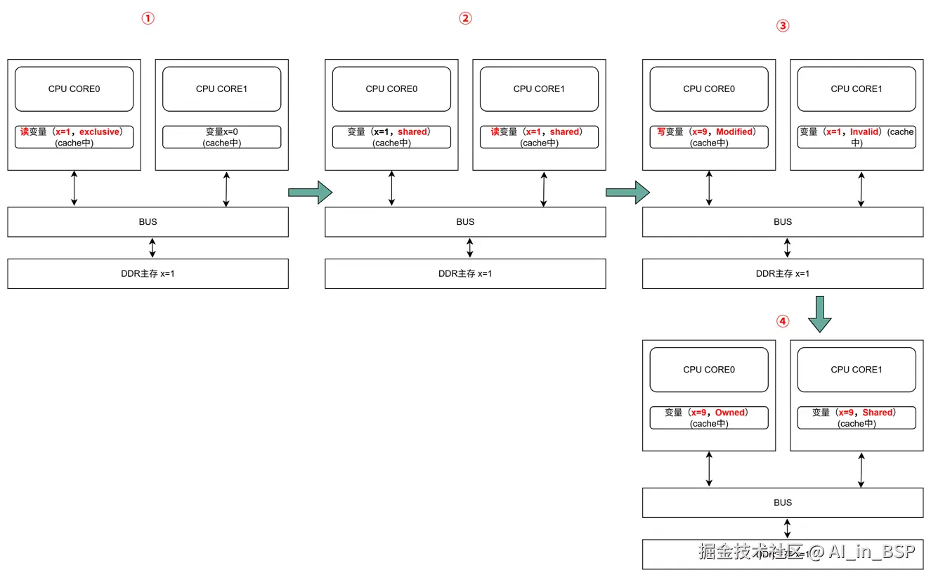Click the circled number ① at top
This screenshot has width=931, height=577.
[148, 19]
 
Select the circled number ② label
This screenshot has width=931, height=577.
[465, 19]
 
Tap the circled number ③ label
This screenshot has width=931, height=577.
[783, 26]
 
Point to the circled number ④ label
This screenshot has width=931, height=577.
[783, 321]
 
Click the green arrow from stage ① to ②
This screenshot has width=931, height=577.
[310, 192]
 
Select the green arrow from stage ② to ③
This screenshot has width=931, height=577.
[627, 192]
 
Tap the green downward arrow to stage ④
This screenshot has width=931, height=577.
[819, 314]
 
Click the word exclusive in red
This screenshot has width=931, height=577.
[100, 131]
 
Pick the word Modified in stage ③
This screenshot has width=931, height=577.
[734, 131]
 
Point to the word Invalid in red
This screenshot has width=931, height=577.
[864, 131]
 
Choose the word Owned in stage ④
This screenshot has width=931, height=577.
[731, 413]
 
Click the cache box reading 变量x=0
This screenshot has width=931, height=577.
[221, 137]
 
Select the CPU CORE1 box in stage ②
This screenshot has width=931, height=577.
[539, 89]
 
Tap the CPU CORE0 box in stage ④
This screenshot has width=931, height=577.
[708, 370]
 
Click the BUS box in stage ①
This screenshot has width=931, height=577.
[148, 222]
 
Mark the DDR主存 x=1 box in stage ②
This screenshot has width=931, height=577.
[465, 273]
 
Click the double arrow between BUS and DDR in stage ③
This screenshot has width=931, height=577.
[787, 247]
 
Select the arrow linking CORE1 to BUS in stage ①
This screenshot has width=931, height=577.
[226, 188]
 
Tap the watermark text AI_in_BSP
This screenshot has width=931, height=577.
[871, 552]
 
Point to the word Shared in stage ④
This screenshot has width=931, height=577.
[878, 413]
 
